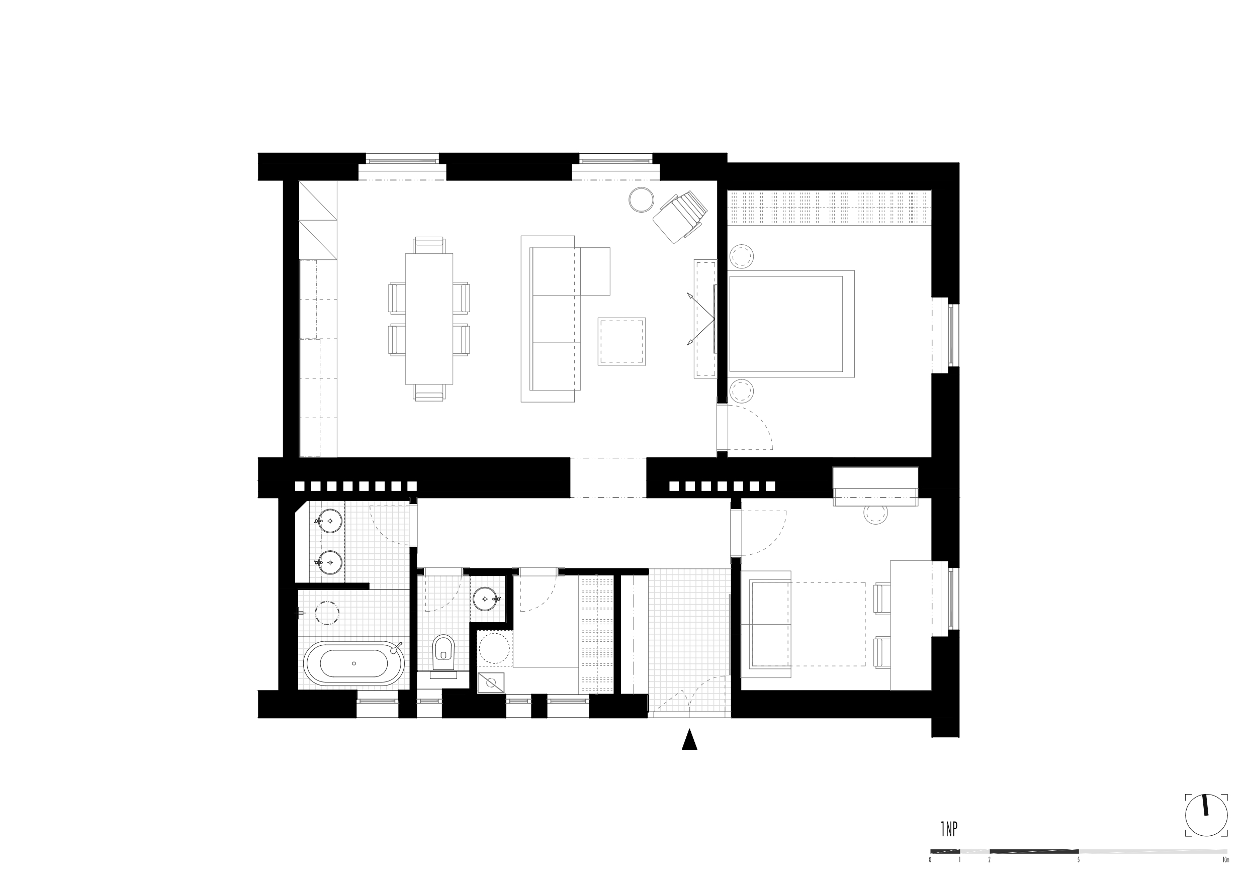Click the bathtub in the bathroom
tap(354, 663)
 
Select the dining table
tap(429, 319)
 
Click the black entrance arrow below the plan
tap(689, 740)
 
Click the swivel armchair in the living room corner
tap(680, 217)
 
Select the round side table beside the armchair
tap(642, 200)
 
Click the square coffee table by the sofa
tap(622, 341)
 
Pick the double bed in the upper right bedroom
tap(791, 324)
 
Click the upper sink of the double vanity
tap(329, 521)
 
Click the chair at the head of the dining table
tap(429, 245)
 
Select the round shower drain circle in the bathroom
tap(327, 613)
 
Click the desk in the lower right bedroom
tap(911, 626)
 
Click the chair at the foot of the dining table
tap(429, 393)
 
